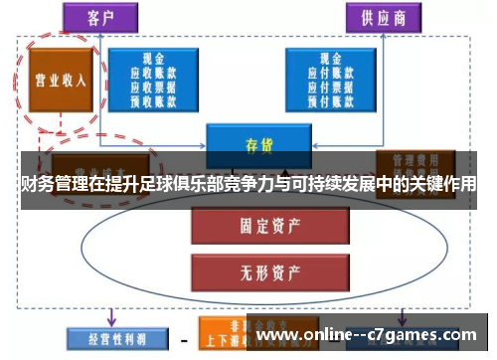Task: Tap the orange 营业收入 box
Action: [55, 81]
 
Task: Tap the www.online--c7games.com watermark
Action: [368, 334]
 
